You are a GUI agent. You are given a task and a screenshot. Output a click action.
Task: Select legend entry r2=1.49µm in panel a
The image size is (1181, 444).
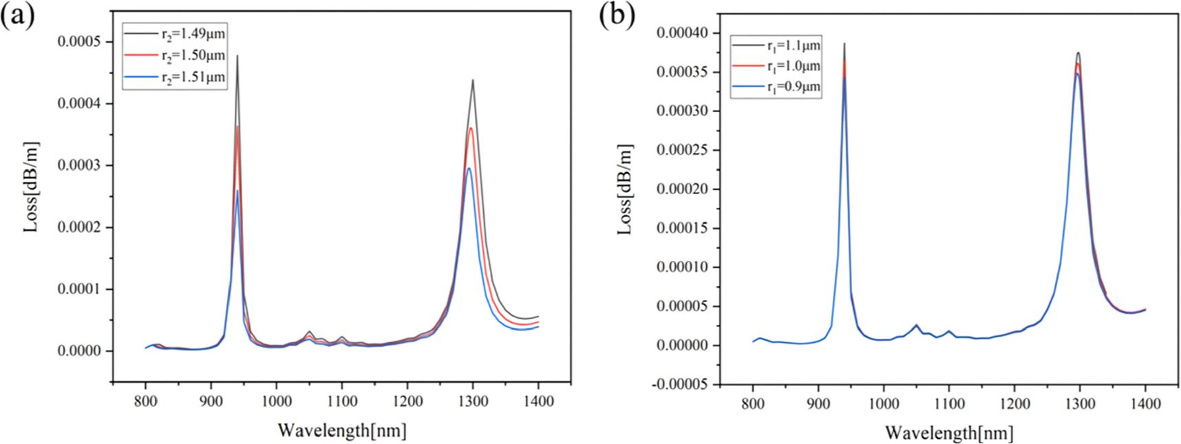193,34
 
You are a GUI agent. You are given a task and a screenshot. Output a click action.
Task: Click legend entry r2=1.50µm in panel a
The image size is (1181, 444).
193,55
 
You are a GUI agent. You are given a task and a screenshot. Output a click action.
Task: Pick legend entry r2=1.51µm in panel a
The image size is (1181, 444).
193,77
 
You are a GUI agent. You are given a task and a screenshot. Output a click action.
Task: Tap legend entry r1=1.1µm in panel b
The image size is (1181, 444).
794,46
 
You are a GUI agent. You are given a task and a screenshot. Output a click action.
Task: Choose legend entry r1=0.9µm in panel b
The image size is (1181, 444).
794,87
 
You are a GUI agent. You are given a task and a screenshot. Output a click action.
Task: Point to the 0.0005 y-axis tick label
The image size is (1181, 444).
78,41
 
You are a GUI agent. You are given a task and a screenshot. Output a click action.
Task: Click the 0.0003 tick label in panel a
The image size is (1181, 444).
78,165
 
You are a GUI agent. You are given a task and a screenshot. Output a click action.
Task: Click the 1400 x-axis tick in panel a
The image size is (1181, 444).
538,401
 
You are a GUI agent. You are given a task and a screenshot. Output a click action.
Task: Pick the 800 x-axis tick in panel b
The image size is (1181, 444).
753,404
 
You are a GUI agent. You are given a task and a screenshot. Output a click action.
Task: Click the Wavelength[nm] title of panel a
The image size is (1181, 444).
342,430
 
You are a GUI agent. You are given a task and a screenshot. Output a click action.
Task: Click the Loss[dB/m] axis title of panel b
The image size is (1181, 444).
624,189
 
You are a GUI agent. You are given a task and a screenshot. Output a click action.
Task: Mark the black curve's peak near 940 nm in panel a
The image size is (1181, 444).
237,56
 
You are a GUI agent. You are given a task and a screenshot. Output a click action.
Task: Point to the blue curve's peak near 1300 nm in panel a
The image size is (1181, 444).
469,169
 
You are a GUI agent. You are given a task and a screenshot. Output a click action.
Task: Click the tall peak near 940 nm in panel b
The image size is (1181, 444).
844,45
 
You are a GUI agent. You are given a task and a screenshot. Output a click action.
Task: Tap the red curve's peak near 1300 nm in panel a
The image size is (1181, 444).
471,129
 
